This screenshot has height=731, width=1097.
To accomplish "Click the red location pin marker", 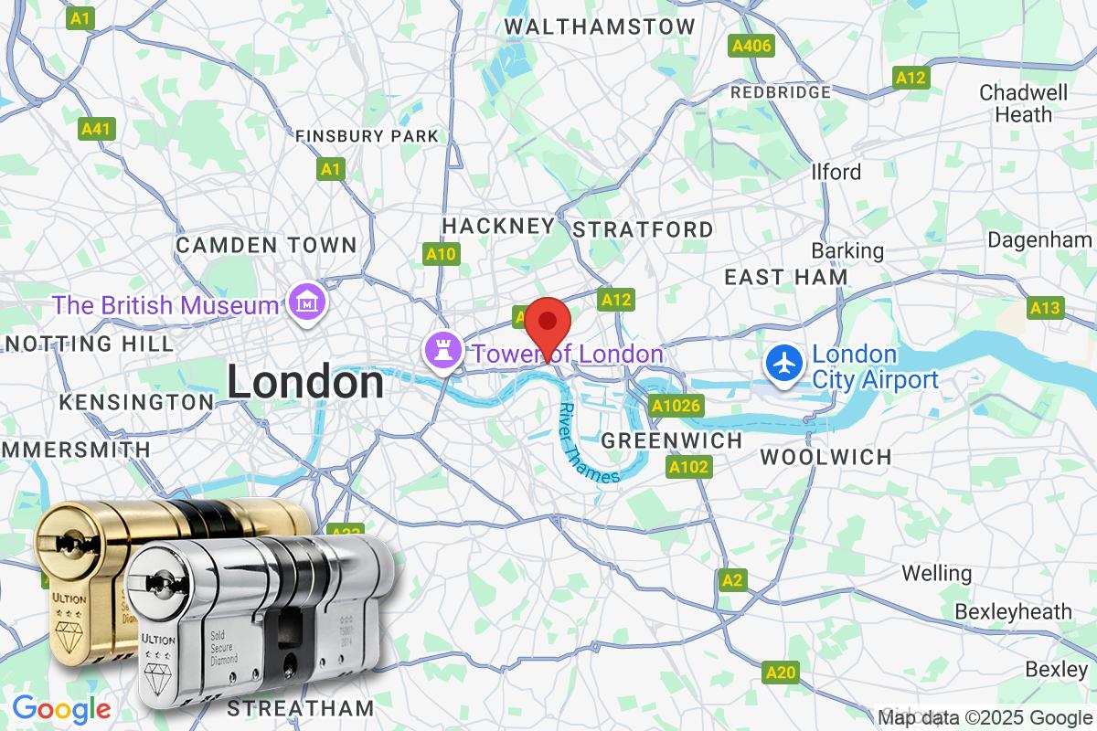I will (x=548, y=323).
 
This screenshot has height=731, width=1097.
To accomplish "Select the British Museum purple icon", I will (x=302, y=303).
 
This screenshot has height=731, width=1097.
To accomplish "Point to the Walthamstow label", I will (x=599, y=26).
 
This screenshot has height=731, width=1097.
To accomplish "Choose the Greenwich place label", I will (x=672, y=440).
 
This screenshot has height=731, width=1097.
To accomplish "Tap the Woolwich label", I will (x=825, y=457).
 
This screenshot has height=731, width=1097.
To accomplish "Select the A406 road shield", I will (x=751, y=45).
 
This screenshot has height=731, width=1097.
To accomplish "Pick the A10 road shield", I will (x=442, y=254).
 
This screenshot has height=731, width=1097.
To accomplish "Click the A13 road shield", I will (x=1046, y=308).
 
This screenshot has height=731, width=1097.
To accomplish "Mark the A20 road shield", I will (x=781, y=673).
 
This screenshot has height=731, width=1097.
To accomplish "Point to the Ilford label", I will (x=836, y=172).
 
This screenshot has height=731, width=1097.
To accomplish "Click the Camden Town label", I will (x=266, y=245).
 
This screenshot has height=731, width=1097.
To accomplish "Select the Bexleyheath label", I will (x=1014, y=611).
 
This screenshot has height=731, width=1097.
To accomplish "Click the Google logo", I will (x=61, y=709).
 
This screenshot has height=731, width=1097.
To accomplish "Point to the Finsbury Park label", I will (x=367, y=136).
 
